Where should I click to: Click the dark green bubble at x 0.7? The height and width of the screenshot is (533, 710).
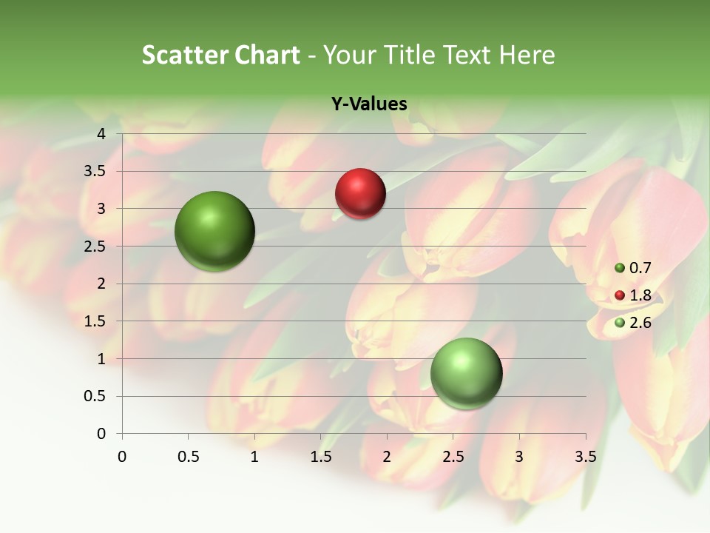[214, 231]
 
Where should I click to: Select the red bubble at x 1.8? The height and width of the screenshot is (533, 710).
[360, 194]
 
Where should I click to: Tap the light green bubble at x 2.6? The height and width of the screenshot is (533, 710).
[466, 373]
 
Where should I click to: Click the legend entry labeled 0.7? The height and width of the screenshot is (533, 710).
[633, 268]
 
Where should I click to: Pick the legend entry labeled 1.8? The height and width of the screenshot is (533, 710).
[633, 295]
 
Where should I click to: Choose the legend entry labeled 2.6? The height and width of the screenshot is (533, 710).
[633, 323]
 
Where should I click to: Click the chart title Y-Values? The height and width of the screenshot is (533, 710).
[369, 104]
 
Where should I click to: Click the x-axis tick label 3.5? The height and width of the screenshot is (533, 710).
[585, 457]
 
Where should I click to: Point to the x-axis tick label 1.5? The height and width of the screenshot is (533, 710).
[320, 457]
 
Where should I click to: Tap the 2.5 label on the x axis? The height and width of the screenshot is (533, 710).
[453, 457]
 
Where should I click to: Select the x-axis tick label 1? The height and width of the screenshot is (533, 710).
[254, 457]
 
